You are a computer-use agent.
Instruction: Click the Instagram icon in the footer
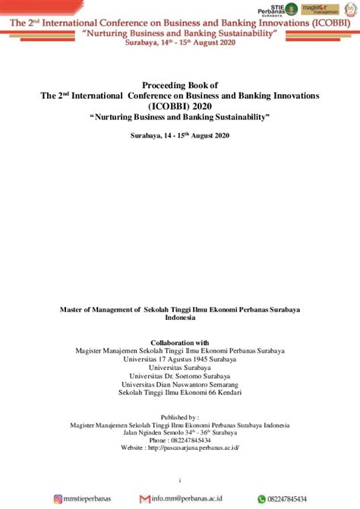tap(58, 499)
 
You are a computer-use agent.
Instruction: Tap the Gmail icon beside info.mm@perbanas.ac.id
tap(144, 499)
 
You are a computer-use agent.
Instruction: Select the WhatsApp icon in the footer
tap(261, 499)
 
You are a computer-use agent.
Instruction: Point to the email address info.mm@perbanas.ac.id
tap(185, 499)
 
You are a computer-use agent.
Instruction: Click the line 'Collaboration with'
tap(180, 343)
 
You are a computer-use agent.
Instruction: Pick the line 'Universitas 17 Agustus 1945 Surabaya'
tap(180, 359)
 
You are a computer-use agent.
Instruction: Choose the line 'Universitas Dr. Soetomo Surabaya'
tap(180, 375)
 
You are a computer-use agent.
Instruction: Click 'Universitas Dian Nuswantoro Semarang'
tap(180, 384)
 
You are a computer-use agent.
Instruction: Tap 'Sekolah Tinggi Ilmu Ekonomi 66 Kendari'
tap(180, 392)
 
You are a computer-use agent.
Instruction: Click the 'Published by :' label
tap(180, 417)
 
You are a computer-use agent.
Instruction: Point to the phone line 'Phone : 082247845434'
tap(180, 440)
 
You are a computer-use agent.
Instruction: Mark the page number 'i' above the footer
tap(180, 480)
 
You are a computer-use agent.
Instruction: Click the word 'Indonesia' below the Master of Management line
tap(180, 318)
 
